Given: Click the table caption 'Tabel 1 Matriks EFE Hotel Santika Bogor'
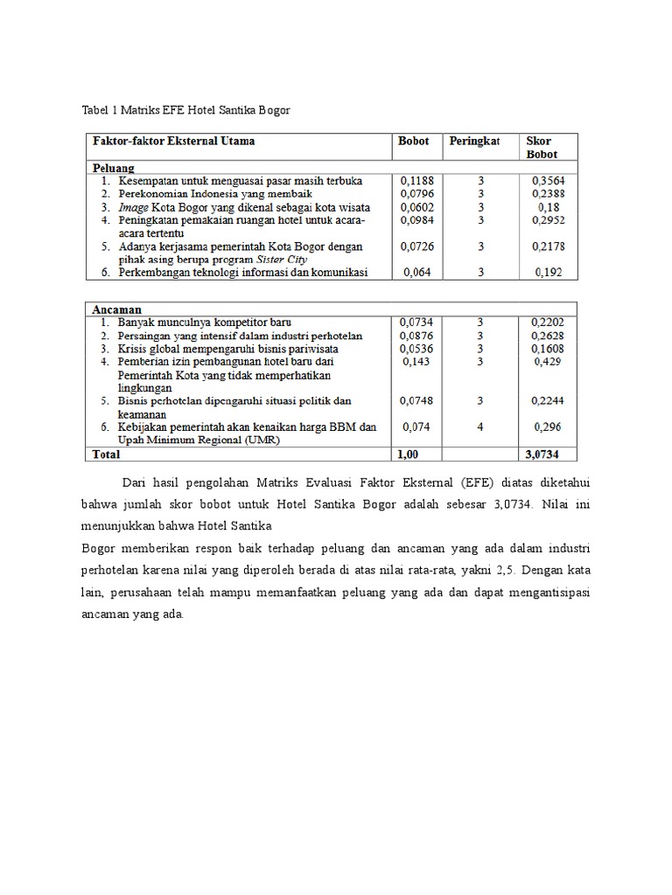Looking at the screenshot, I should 185,110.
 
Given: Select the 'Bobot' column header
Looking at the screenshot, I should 414,141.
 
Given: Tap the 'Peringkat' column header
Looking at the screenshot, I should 474,141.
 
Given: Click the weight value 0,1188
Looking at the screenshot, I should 416,180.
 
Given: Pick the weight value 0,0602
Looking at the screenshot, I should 416,207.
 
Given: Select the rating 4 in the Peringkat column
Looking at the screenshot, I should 481,427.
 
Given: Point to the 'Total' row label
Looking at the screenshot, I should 106,454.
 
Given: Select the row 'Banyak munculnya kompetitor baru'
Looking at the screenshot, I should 204,323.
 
